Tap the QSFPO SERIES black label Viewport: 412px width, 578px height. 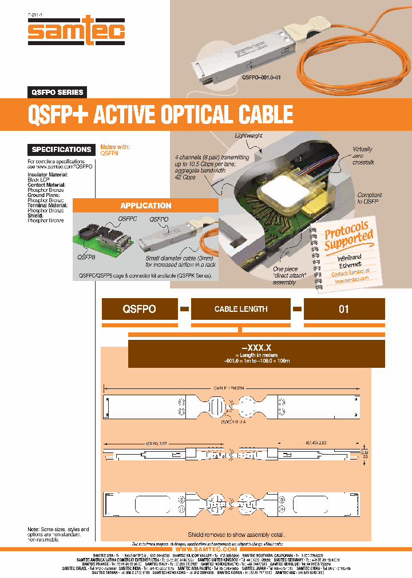point(57,92)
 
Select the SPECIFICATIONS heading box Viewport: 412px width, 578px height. point(61,150)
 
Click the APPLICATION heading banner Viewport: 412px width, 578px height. point(145,206)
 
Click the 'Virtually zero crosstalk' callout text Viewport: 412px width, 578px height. point(362,156)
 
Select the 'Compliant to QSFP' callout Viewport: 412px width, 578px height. point(369,198)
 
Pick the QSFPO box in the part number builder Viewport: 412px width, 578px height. point(139,309)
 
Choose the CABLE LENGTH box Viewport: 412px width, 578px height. point(241,309)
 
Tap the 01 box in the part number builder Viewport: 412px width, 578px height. point(343,309)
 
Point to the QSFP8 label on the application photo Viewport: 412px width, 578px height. point(86,257)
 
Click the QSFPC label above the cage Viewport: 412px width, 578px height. point(127,219)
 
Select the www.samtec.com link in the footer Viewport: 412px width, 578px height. point(205,549)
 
